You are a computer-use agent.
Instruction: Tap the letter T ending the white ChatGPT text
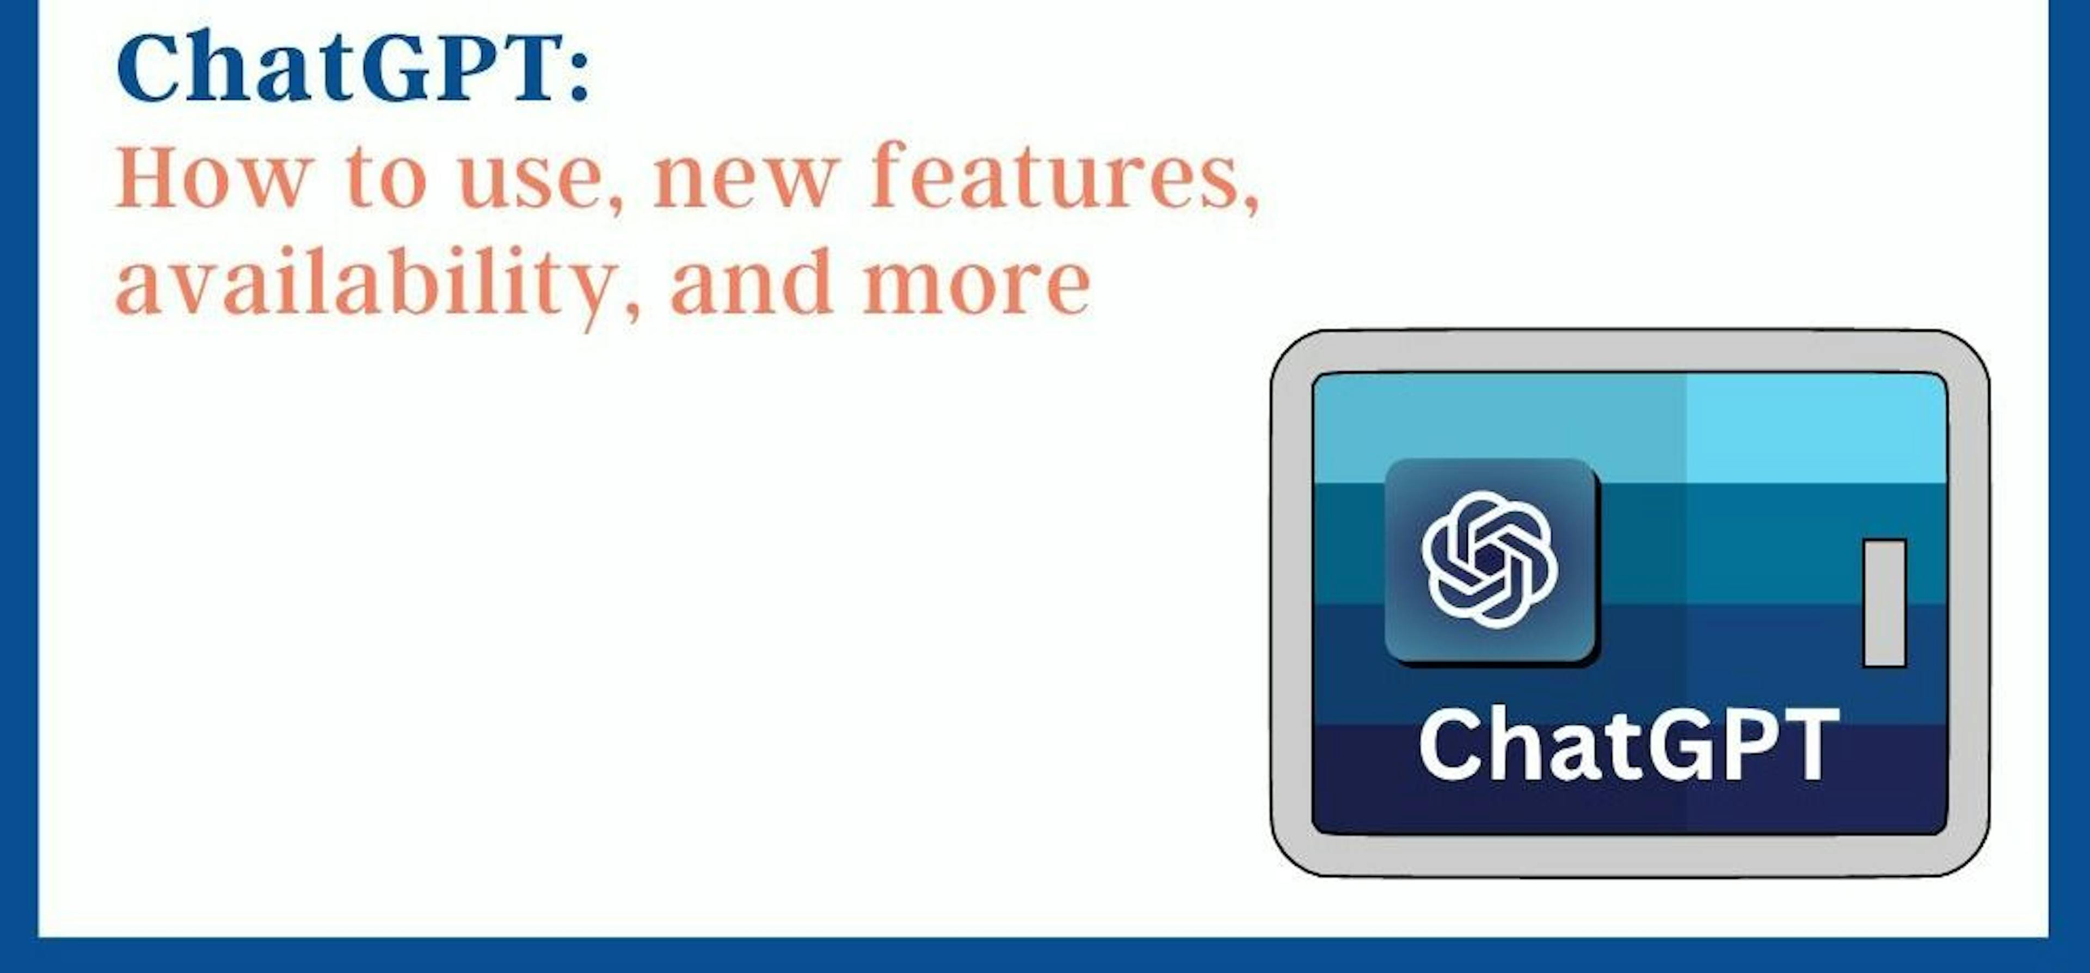pos(1809,744)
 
